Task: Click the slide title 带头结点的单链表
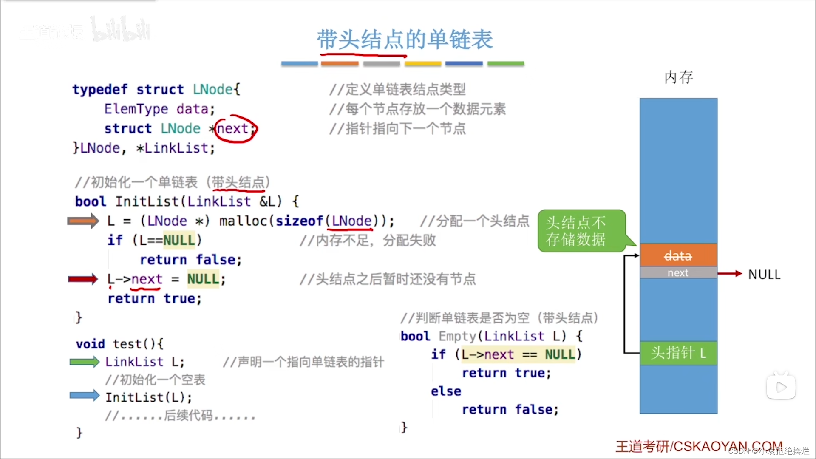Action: tap(405, 40)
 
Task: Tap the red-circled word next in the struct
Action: tap(232, 128)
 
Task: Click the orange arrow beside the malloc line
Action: tap(83, 221)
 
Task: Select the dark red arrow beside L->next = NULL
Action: tap(83, 279)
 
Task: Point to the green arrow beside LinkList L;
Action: tap(85, 362)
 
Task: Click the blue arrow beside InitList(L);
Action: tap(85, 396)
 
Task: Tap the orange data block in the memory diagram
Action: tap(678, 255)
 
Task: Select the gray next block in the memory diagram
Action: tap(678, 273)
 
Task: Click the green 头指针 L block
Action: tap(678, 353)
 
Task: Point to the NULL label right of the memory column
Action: tap(764, 275)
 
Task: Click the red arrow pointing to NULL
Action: tap(730, 274)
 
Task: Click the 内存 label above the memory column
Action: tap(679, 77)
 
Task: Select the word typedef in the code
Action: tap(100, 90)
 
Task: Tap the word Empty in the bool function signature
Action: tap(458, 336)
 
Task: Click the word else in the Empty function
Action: tap(446, 391)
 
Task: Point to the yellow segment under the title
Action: tap(423, 64)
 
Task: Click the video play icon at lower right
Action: tap(781, 387)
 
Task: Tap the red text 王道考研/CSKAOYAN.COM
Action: tap(699, 447)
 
